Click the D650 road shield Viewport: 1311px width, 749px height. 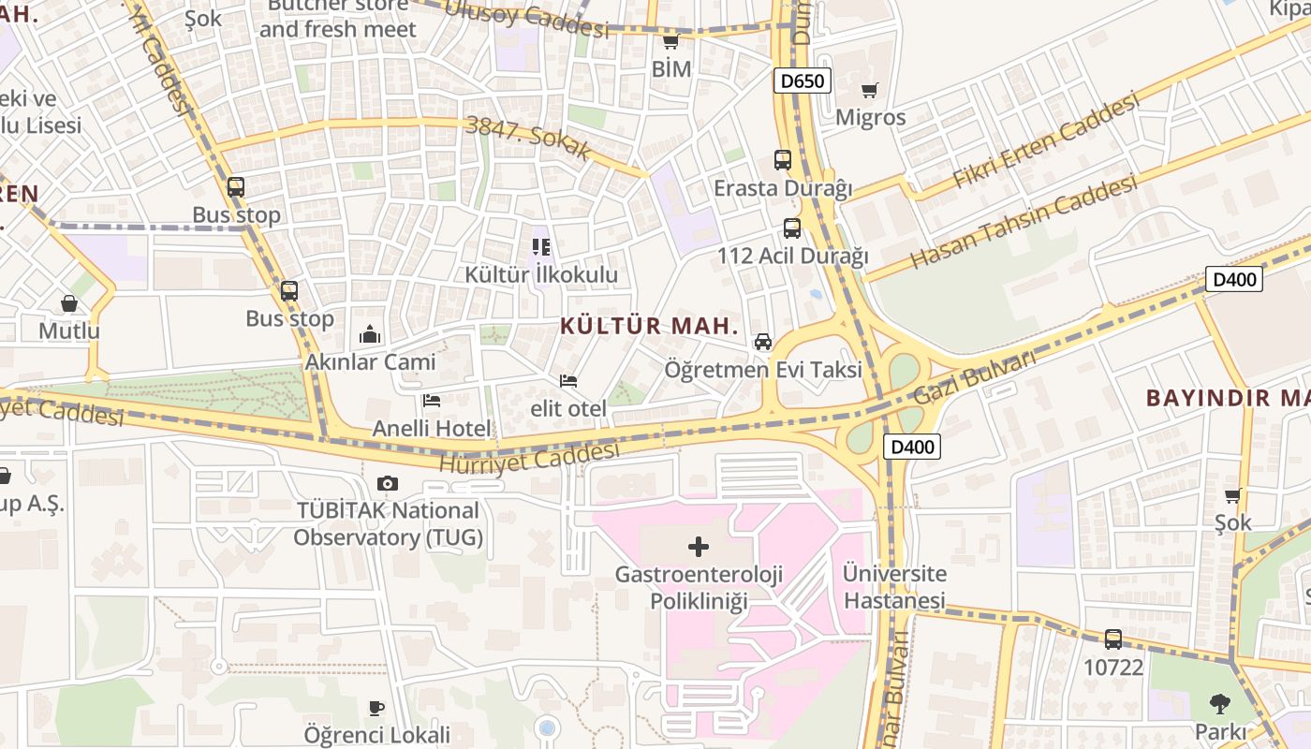pos(803,81)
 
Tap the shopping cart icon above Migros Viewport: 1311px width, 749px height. pos(870,91)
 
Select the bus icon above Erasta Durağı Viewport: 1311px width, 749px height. pos(783,160)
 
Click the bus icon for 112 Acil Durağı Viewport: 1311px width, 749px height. pos(792,228)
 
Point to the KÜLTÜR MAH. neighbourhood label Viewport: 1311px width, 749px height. pos(650,326)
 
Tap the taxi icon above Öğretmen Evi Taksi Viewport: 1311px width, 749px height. pos(763,342)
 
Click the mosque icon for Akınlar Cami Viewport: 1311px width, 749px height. pos(370,334)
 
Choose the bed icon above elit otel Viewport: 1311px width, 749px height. pos(567,381)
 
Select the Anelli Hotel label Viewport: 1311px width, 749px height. pos(431,429)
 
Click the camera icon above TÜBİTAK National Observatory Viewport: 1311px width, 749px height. pos(387,483)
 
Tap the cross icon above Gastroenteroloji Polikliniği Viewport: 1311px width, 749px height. pos(699,547)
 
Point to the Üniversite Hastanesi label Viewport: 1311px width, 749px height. pos(894,586)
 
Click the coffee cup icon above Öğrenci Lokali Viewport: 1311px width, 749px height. pos(376,708)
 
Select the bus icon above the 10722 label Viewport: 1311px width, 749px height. pos(1112,639)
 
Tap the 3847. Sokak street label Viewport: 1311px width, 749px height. pos(529,137)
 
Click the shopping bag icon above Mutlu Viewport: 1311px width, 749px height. pos(69,303)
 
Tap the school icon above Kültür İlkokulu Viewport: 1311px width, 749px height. pos(541,247)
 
